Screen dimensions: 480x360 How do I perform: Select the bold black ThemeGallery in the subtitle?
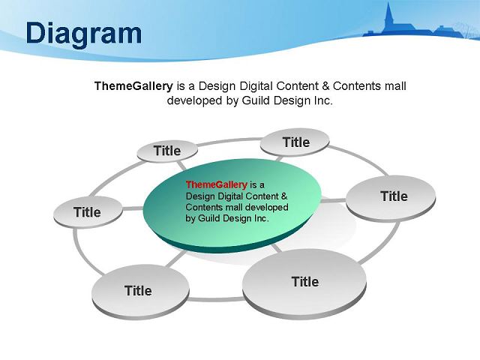pyautogui.click(x=133, y=86)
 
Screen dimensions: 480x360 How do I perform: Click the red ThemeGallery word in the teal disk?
pyautogui.click(x=216, y=184)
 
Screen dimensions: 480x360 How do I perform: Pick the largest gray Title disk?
pyautogui.click(x=304, y=284)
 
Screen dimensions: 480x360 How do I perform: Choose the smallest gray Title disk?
pyautogui.click(x=167, y=151)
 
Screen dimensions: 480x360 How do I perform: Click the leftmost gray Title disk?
pyautogui.click(x=88, y=212)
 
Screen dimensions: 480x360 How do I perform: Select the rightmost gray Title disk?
pyautogui.click(x=391, y=198)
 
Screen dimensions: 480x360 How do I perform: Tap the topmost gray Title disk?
pyautogui.click(x=295, y=142)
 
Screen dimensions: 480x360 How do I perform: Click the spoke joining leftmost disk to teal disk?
pyautogui.click(x=133, y=208)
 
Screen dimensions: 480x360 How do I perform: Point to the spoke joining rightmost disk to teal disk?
pyautogui.click(x=333, y=201)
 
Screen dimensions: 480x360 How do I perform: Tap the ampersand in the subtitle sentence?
pyautogui.click(x=325, y=86)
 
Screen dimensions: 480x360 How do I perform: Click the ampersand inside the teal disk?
pyautogui.click(x=284, y=196)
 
